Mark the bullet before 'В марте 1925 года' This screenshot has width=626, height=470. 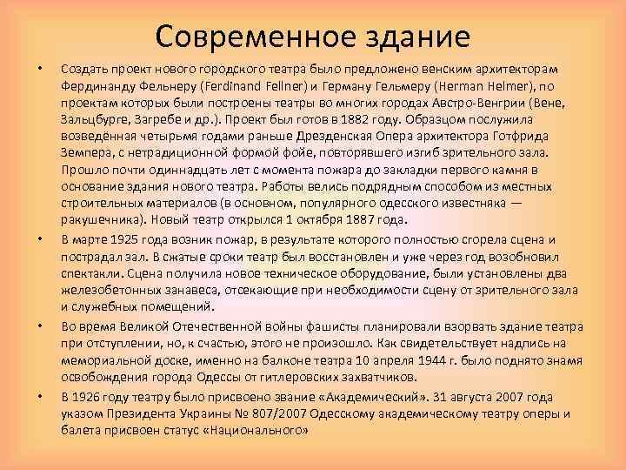[x=38, y=239]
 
